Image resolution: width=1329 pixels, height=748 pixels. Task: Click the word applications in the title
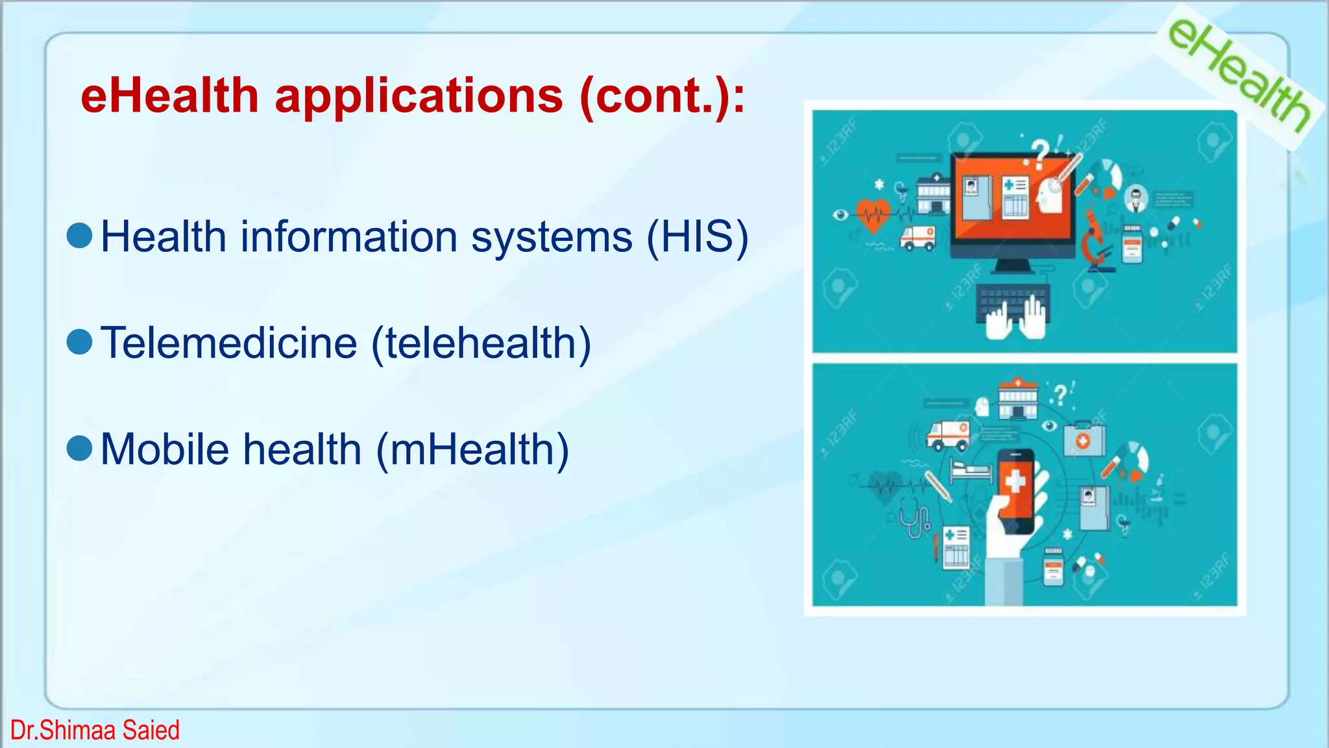pyautogui.click(x=419, y=96)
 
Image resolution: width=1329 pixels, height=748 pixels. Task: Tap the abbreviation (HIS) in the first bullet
pyautogui.click(x=698, y=236)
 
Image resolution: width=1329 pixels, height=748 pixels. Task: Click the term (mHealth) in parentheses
pyautogui.click(x=472, y=449)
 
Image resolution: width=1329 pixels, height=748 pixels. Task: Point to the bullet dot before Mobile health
pyautogui.click(x=80, y=448)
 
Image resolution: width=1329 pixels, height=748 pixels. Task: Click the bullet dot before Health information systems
pyautogui.click(x=80, y=235)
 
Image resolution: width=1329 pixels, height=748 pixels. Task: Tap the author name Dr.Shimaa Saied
pyautogui.click(x=95, y=730)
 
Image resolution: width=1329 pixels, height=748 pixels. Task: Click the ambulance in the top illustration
pyautogui.click(x=918, y=238)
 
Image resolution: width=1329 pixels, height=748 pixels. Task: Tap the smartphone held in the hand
pyautogui.click(x=1016, y=490)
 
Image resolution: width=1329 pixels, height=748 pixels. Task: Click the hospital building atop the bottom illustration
pyautogui.click(x=1018, y=399)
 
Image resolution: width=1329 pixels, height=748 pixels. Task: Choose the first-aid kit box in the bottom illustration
pyautogui.click(x=1083, y=439)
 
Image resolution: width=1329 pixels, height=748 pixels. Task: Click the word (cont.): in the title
pyautogui.click(x=662, y=96)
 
